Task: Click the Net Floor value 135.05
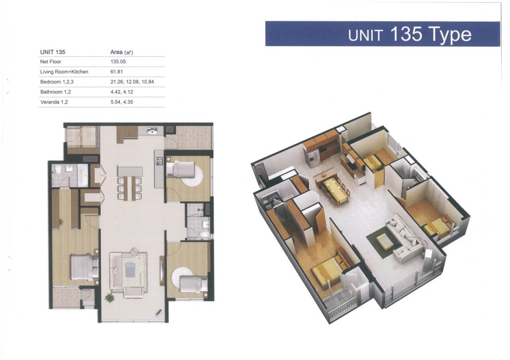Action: [x=118, y=62]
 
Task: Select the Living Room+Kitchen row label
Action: [x=64, y=72]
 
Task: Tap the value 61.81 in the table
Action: [x=117, y=72]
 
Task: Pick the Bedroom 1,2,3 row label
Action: [x=57, y=82]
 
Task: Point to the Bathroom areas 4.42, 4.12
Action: [x=122, y=92]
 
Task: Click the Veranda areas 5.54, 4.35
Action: [x=122, y=102]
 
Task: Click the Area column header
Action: [x=122, y=52]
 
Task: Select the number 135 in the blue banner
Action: [x=406, y=34]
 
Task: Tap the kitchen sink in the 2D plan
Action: [x=152, y=131]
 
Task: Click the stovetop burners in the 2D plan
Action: [x=159, y=161]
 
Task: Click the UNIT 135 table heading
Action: [x=53, y=52]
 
